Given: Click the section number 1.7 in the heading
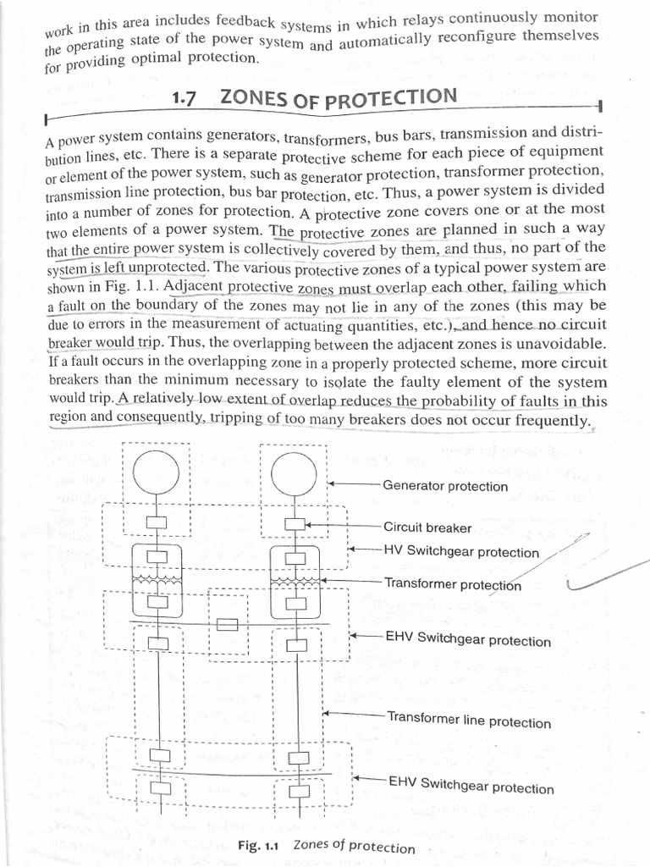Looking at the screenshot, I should (184, 99).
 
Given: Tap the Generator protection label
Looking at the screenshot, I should (444, 487).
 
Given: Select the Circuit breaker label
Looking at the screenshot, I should (427, 527).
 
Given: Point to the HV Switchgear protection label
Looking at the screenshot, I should (460, 552).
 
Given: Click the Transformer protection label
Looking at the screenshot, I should (452, 584).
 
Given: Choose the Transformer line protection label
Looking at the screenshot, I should (468, 721).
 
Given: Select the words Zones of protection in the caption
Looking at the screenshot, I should (354, 846).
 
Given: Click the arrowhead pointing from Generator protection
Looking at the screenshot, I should (333, 483).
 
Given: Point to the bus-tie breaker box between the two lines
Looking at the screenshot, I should (227, 626).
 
